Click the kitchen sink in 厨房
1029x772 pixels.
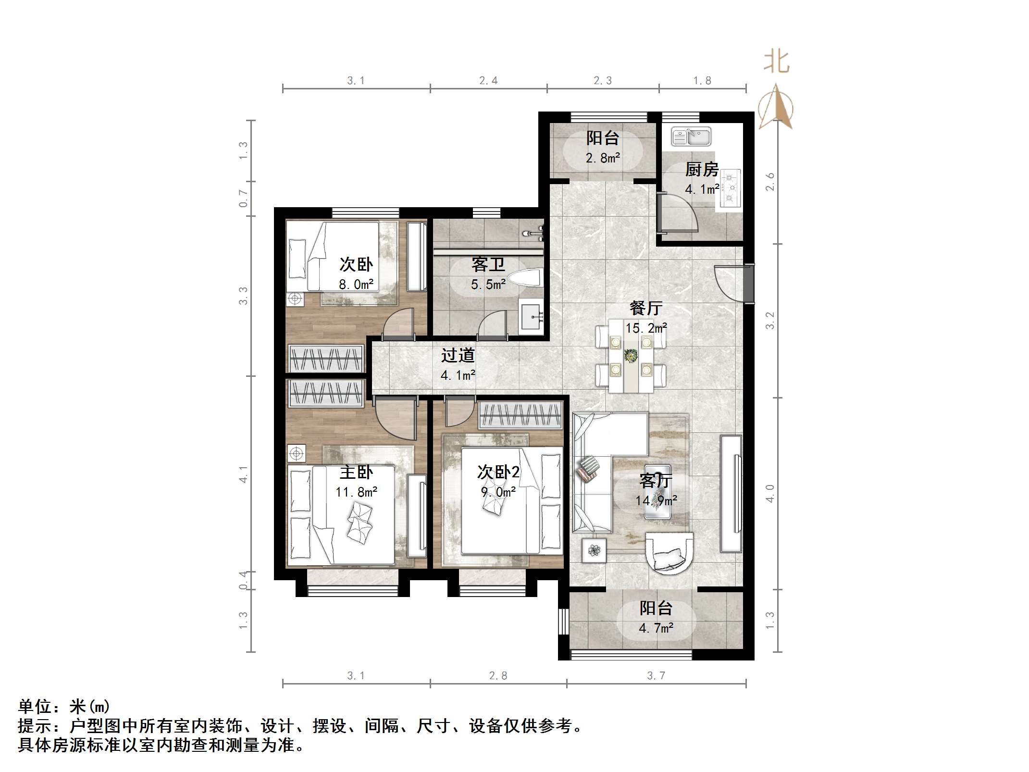coord(691,137)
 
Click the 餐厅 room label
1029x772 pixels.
coord(646,308)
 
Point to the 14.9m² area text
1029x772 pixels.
coord(656,500)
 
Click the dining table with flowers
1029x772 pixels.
coord(631,356)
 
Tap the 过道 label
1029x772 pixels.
coord(458,355)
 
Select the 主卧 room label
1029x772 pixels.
coord(356,472)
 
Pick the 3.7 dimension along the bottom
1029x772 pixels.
coord(656,676)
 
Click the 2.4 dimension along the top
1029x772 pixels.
coord(488,81)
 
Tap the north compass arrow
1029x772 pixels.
coord(776,108)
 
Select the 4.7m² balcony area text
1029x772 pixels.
coord(656,628)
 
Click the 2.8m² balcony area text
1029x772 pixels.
coord(603,158)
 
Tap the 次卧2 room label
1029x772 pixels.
coord(498,472)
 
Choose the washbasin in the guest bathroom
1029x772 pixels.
coord(531,316)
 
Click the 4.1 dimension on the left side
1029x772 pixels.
coord(244,474)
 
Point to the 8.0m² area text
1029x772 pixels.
coord(356,285)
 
